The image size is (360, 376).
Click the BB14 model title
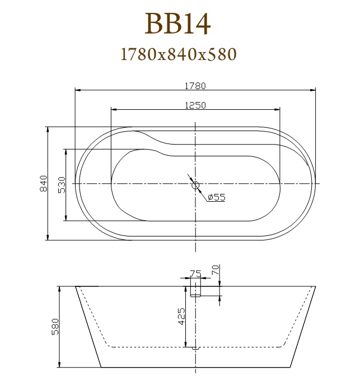[x=177, y=24]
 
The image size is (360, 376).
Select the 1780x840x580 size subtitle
[x=179, y=54]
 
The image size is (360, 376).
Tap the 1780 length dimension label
[x=195, y=86]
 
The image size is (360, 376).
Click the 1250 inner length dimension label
[x=195, y=105]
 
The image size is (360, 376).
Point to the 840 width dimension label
[x=44, y=183]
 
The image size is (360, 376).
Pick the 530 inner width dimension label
[x=62, y=185]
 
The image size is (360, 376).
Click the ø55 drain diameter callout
[x=217, y=197]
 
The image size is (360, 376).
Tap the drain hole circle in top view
[x=196, y=185]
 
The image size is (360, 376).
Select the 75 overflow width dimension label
[x=196, y=273]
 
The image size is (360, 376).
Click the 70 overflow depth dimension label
[x=216, y=270]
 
